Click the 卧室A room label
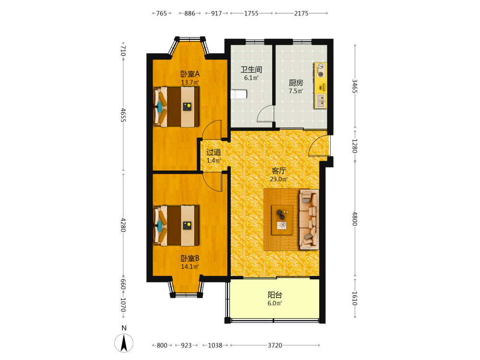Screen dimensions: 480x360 190,74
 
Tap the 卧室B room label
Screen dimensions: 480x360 190,258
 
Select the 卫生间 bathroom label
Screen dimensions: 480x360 252,70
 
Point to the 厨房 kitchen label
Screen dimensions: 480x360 296,83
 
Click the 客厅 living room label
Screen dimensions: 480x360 279,171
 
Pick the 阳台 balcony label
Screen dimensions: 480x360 275,295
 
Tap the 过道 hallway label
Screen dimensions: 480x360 214,152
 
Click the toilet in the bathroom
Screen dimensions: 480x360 239,94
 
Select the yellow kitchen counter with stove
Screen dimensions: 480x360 320,85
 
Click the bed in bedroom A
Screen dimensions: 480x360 176,107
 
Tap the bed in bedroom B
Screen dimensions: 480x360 176,226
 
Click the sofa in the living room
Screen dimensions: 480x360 309,219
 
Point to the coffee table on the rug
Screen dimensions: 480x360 282,220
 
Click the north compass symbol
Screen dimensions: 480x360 124,343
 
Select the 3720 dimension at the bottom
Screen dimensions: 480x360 275,345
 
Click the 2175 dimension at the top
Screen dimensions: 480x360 301,13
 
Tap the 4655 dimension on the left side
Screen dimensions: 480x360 123,115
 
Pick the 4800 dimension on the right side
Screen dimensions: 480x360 355,219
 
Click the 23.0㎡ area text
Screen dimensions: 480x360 279,179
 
